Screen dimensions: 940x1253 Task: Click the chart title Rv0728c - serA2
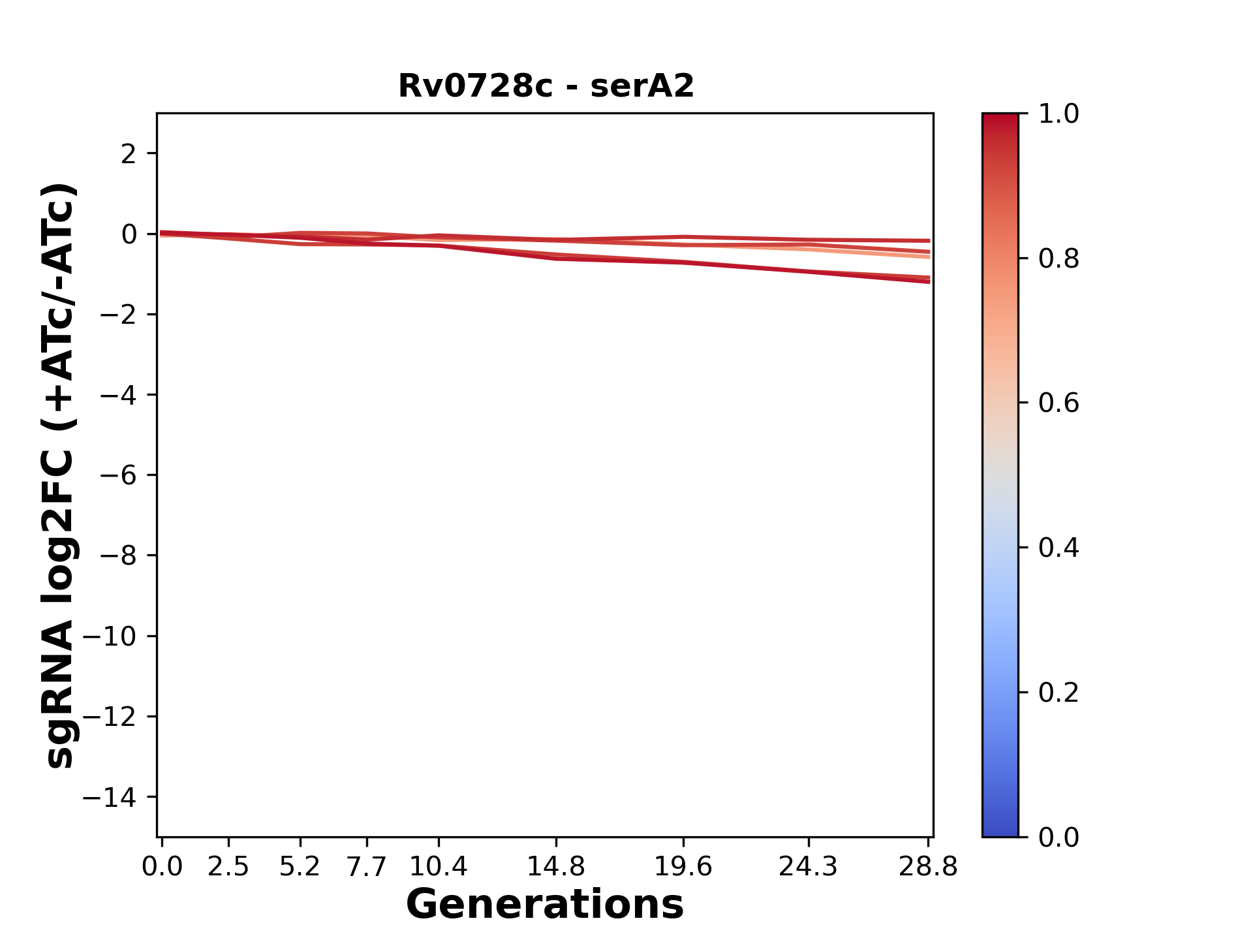[x=546, y=86]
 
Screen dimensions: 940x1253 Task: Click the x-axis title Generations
[x=545, y=905]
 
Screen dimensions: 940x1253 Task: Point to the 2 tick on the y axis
[x=129, y=154]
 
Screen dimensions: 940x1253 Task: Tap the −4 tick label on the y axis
[x=118, y=395]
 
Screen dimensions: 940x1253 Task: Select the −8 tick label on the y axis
[x=118, y=556]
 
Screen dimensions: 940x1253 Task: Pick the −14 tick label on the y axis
[x=110, y=797]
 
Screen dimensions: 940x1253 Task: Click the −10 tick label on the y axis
[x=110, y=636]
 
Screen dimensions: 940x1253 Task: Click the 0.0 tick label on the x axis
[x=162, y=867]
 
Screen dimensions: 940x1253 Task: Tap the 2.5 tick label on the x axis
[x=228, y=867]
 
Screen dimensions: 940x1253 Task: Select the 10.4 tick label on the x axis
[x=438, y=867]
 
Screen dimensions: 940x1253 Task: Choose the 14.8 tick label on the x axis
[x=556, y=867]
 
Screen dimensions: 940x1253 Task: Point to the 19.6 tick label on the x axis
[x=683, y=867]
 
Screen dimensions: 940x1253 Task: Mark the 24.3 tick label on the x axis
[x=809, y=867]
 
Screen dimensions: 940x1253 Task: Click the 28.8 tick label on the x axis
[x=928, y=867]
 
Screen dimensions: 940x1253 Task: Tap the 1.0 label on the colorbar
[x=1059, y=114]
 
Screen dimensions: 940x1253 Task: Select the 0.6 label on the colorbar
[x=1059, y=403]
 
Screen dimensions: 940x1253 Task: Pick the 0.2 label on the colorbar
[x=1059, y=693]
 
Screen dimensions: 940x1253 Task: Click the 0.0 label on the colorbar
[x=1059, y=838]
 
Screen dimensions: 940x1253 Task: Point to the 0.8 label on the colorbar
[x=1059, y=259]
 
